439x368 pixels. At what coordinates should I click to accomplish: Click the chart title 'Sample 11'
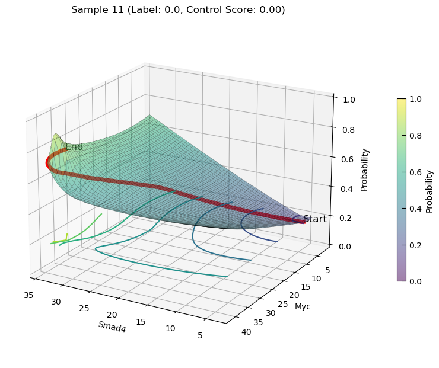point(97,10)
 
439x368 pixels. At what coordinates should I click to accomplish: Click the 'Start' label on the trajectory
point(315,219)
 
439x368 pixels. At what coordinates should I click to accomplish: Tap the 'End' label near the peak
point(74,147)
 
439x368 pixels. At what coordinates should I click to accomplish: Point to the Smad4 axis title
point(112,327)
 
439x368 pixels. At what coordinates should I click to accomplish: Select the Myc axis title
point(303,306)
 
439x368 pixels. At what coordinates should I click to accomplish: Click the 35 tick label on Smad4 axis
point(28,295)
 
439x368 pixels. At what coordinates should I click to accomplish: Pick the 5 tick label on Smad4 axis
point(200,335)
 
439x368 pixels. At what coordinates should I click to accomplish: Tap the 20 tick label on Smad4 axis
point(112,315)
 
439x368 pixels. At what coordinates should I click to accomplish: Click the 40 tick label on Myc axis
point(246,332)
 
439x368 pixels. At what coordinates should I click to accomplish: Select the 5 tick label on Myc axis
point(327,270)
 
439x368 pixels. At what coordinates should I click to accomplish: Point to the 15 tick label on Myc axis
point(306,287)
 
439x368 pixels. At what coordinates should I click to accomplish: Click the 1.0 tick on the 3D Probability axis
point(349,100)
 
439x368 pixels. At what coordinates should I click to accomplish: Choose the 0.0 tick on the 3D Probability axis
point(344,247)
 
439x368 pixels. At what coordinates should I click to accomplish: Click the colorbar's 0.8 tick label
point(415,136)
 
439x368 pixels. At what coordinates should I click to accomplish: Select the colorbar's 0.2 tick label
point(415,245)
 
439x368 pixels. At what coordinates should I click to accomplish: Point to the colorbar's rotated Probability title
point(429,192)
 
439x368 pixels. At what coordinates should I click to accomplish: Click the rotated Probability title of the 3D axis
point(364,170)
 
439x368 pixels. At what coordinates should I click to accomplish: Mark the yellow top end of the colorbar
point(402,100)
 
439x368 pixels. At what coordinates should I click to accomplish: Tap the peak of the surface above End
point(56,135)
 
